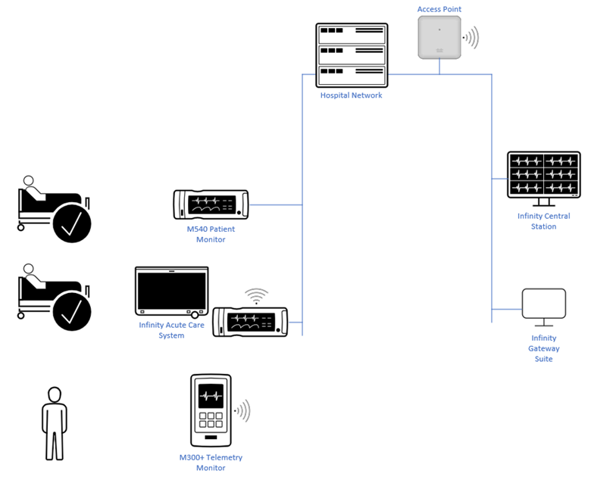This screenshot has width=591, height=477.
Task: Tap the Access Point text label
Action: pyautogui.click(x=439, y=9)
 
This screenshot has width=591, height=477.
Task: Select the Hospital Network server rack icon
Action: pyautogui.click(x=352, y=55)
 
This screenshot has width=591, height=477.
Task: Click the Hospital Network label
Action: pyautogui.click(x=351, y=96)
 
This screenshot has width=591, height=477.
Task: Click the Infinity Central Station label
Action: pyautogui.click(x=543, y=221)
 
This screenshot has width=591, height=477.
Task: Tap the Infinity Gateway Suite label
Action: pyautogui.click(x=543, y=348)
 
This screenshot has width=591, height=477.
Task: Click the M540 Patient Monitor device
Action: pyautogui.click(x=211, y=204)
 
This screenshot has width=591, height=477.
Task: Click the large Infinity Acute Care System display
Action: pyautogui.click(x=171, y=291)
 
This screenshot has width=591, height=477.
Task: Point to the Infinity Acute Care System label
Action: pyautogui.click(x=171, y=330)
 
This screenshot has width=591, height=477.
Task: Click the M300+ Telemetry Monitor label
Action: pyautogui.click(x=211, y=463)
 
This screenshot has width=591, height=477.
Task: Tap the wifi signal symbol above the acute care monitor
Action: pyautogui.click(x=256, y=296)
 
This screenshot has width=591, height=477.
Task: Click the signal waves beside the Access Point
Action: pyautogui.click(x=472, y=38)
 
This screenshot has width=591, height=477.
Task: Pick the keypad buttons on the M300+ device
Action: pyautogui.click(x=211, y=421)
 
